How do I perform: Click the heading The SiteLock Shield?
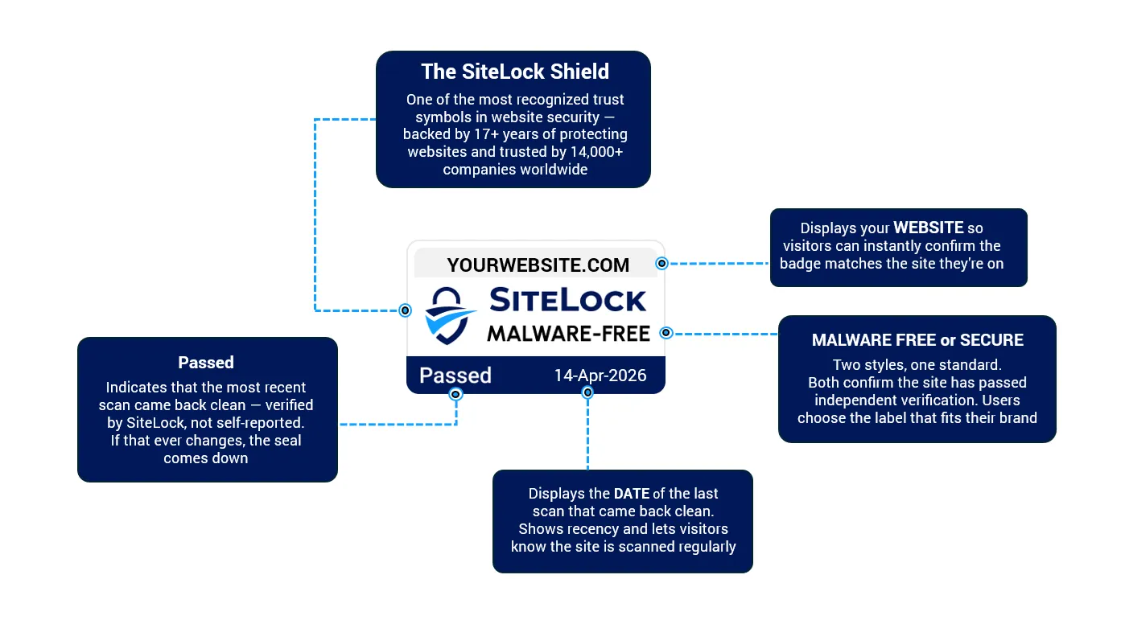pos(514,72)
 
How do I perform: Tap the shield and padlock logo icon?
pos(451,315)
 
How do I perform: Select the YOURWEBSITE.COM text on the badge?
pos(538,265)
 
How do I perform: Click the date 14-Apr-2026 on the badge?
pos(600,376)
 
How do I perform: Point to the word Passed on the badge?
pos(455,376)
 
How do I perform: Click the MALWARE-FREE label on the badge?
pos(567,333)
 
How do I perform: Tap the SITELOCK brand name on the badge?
pos(567,300)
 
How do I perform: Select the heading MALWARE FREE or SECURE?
pos(917,340)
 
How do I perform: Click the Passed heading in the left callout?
pos(206,363)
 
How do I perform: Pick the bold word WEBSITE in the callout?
pos(928,228)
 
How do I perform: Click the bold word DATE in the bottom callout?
pos(631,494)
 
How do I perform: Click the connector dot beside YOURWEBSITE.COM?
pos(661,263)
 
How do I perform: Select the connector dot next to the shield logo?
pos(406,310)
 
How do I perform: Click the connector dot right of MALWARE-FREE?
pos(666,333)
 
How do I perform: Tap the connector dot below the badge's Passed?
pos(456,394)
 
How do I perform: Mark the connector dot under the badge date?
pos(587,392)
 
